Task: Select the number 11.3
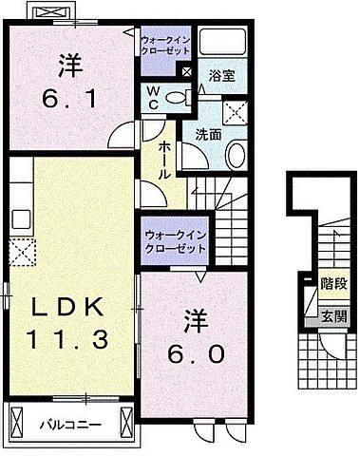point(69,338)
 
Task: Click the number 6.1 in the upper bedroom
point(69,99)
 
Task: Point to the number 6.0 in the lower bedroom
point(199,353)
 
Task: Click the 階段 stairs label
point(333,284)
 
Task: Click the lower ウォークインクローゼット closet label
point(175,240)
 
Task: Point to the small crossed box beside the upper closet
point(187,72)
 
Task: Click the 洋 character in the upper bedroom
point(69,66)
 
